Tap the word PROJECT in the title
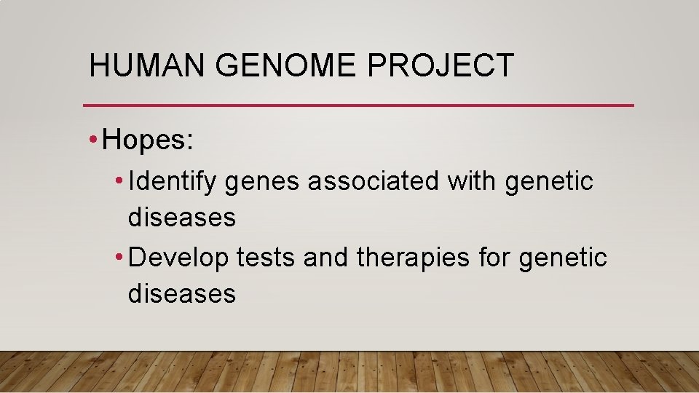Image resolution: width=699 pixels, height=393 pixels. [x=441, y=65]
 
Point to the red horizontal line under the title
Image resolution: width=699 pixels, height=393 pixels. [x=358, y=106]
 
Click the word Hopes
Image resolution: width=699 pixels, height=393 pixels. [x=148, y=140]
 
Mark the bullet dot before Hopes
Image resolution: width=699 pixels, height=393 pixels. [x=95, y=140]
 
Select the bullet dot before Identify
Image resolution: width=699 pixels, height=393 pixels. [x=120, y=180]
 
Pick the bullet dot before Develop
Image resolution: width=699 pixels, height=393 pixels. [x=120, y=257]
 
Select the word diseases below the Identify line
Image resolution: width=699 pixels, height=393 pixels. [x=181, y=218]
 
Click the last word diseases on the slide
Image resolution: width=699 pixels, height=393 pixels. [x=181, y=293]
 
